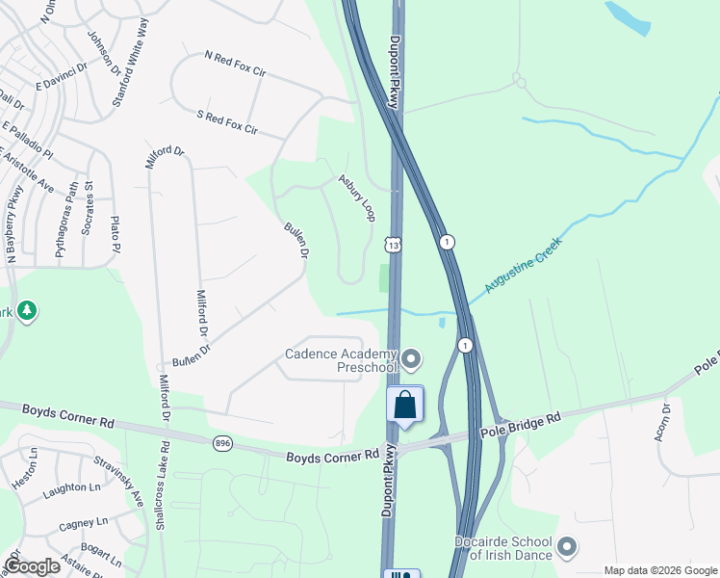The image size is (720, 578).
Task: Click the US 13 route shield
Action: pos(394,246)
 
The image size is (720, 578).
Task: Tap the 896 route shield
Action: pos(223,442)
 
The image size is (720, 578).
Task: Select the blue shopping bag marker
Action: pos(405,406)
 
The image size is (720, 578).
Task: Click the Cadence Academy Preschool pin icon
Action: pos(412,360)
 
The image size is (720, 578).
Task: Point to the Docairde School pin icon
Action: pos(567,547)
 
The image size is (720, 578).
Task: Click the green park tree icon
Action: pos(28,310)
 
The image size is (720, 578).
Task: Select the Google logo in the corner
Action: pos(32,566)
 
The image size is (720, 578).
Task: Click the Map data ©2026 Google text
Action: pos(659,570)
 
